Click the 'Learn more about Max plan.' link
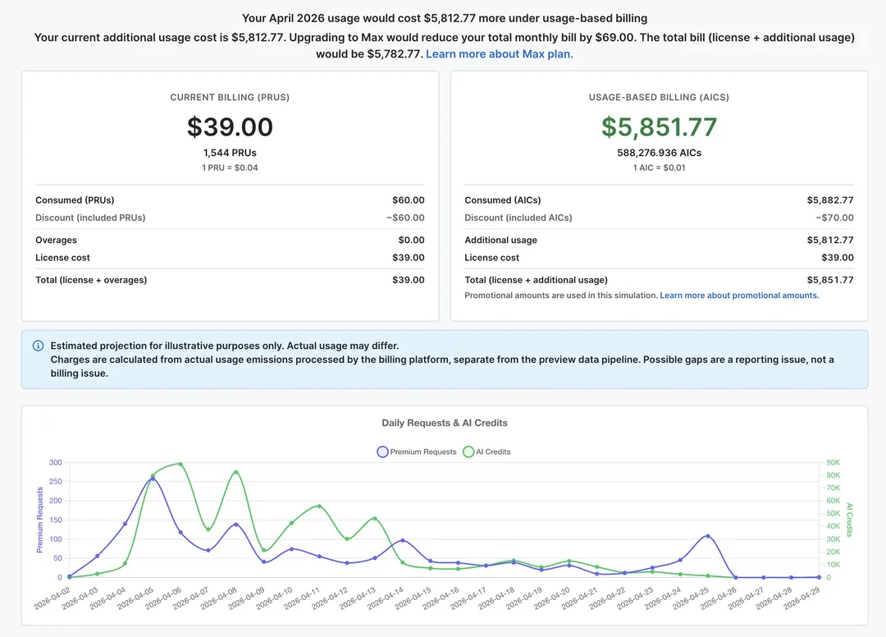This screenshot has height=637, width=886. coord(500,53)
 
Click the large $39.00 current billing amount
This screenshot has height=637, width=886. coord(230,126)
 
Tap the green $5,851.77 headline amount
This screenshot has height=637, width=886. coord(659,126)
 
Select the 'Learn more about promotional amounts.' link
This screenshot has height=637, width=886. coord(739,295)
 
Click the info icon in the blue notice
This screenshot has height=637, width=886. coord(38,346)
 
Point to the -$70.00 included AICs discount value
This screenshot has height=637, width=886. coord(834,218)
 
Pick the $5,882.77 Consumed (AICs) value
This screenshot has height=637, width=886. coord(830,200)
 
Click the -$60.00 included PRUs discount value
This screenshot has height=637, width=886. coord(405,218)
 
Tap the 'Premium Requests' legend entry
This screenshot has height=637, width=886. coord(417,451)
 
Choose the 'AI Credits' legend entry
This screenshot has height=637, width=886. coord(486,451)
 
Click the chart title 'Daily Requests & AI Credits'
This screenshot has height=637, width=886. coord(445,423)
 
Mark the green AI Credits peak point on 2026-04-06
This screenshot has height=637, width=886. coord(180,464)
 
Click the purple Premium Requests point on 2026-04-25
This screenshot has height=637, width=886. coord(708,536)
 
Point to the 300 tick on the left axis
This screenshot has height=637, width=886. coord(56,462)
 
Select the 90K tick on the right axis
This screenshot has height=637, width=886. coord(833,462)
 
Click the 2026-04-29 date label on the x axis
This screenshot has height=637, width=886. coord(802,598)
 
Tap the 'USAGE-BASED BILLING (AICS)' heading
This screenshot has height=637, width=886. coord(659,97)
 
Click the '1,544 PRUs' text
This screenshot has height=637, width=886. coord(230,153)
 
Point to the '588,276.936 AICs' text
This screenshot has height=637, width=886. coord(659,153)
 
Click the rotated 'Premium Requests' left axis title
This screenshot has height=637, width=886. coord(39,520)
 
